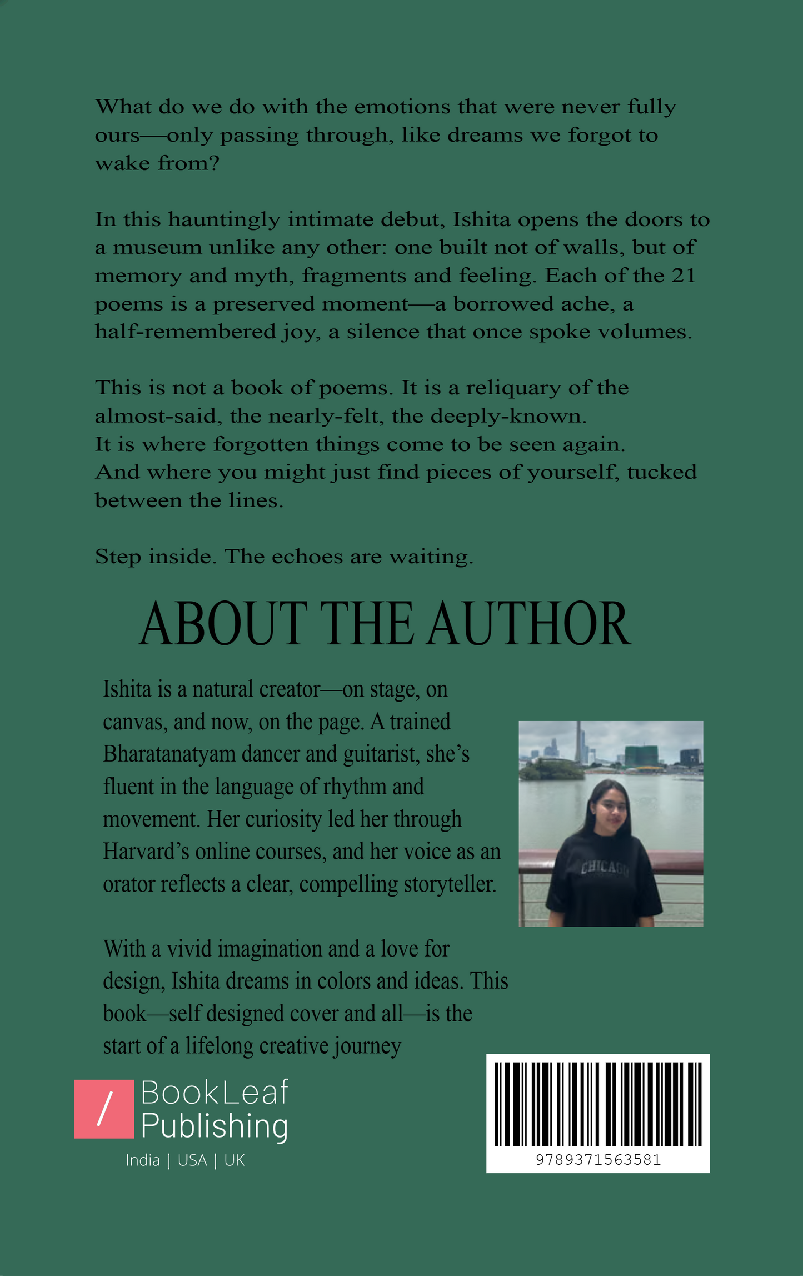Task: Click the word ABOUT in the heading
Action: (223, 624)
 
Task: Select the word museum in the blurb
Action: (157, 247)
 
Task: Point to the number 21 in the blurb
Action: (683, 276)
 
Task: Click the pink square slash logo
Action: (104, 1109)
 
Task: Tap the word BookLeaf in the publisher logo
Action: (215, 1093)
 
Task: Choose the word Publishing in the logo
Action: (215, 1126)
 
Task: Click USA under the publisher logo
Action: (192, 1160)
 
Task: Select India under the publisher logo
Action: (143, 1160)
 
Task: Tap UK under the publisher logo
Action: (234, 1160)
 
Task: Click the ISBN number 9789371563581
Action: (598, 1160)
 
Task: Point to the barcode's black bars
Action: (598, 1104)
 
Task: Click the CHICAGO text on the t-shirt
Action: (605, 868)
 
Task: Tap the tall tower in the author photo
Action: (579, 742)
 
